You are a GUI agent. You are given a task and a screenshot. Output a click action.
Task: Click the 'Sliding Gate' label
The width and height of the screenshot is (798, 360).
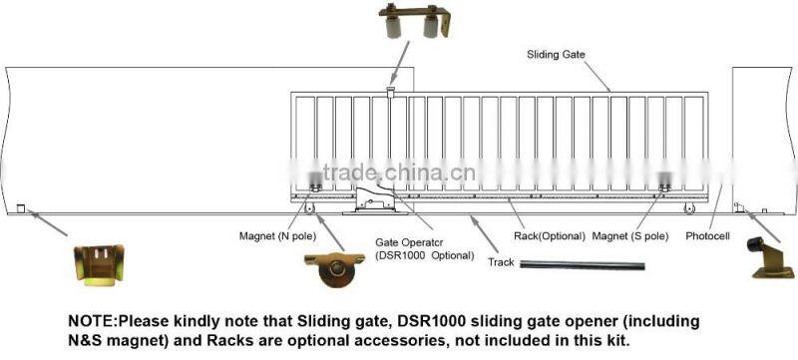[x=556, y=55]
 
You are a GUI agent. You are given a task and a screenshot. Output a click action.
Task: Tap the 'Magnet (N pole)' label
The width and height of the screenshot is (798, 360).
[x=276, y=236]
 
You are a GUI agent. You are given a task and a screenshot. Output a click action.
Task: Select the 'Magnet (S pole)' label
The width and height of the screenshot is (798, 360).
[x=629, y=236]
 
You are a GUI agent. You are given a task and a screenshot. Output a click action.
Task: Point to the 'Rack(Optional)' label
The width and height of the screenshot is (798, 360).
[x=548, y=236]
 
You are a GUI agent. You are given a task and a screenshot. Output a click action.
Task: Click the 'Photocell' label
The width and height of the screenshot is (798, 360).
[x=708, y=236]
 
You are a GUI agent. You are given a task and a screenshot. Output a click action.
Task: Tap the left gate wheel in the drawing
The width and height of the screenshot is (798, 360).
[x=310, y=207]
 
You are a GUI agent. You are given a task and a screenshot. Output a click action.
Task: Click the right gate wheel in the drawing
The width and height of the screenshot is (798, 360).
[x=689, y=207]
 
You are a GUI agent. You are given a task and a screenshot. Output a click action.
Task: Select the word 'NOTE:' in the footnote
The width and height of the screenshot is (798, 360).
[x=92, y=322]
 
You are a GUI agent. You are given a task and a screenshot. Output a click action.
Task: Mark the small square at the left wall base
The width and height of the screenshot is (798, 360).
[x=20, y=207]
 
